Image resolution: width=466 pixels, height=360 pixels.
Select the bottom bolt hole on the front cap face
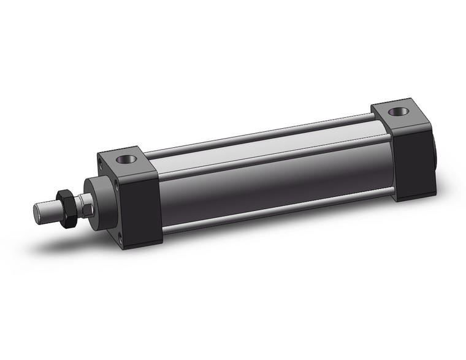[127, 240]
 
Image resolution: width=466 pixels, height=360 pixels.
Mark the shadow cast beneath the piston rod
[67, 245]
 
